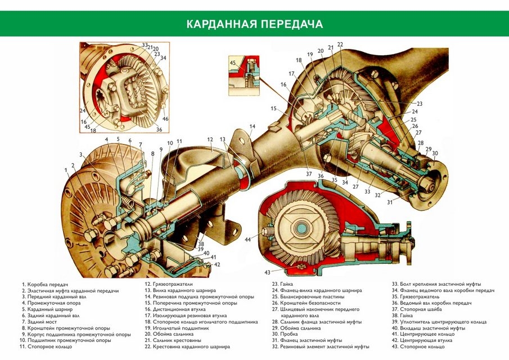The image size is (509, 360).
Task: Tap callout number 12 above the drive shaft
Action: click(209, 139)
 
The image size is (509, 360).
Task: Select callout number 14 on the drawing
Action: click(253, 126)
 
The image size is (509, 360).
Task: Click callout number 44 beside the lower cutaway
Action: click(247, 239)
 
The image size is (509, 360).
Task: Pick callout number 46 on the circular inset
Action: click(165, 119)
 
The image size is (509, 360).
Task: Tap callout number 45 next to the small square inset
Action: click(232, 62)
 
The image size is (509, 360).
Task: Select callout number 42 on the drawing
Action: click(217, 264)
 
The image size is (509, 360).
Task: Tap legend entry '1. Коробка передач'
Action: click(47, 284)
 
